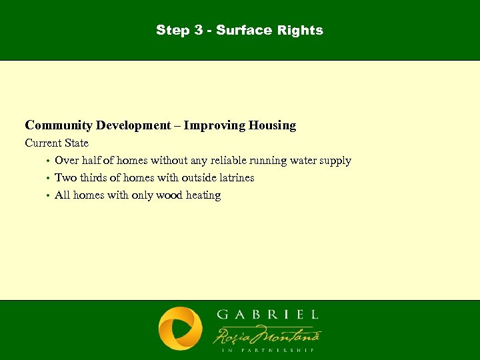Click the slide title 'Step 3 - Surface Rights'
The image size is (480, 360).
(x=239, y=30)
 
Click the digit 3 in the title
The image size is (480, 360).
(x=197, y=30)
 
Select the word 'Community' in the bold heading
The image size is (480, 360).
(x=59, y=125)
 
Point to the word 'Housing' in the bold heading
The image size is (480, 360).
(x=271, y=125)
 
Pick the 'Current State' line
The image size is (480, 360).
(x=57, y=143)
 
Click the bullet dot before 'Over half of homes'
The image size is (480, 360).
(x=48, y=161)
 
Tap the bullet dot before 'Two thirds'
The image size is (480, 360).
(x=48, y=179)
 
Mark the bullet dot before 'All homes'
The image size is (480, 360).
(x=48, y=196)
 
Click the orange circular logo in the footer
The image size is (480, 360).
(x=180, y=329)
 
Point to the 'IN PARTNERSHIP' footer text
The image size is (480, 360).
(x=267, y=349)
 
